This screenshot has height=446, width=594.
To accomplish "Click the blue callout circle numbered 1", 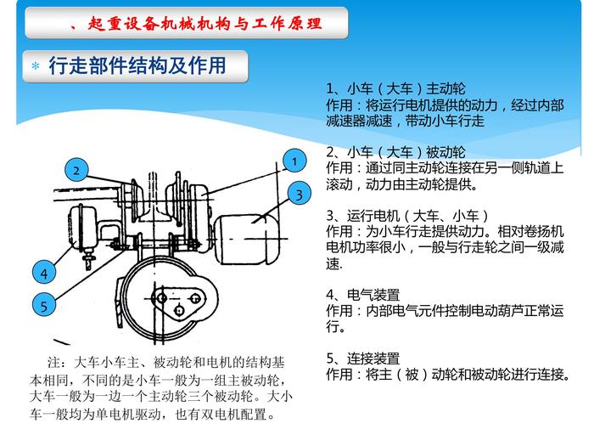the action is coord(294,161).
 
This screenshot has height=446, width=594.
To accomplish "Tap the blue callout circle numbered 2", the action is coord(76,170).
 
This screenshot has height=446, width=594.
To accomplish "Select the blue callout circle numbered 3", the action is coord(300,194).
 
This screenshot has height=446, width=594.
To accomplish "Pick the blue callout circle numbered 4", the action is coord(44,273).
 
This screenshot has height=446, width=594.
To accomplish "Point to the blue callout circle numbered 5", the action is coord(44,305).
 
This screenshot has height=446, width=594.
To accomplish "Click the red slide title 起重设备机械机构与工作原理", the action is coord(205,24).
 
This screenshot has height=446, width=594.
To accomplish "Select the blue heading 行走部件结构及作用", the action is coord(137,65).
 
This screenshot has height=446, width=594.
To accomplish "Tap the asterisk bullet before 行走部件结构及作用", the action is coord(36,66).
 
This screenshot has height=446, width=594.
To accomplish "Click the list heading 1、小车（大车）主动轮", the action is coord(395,88).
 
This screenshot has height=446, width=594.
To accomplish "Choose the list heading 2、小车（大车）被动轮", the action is coord(395,152).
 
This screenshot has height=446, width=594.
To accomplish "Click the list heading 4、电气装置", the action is coord(363,295).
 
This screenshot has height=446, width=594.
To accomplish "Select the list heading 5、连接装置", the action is coord(363,358).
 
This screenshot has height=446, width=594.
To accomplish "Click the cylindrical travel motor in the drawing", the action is coord(245,240).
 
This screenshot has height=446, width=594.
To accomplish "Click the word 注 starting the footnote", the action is coord(53,363).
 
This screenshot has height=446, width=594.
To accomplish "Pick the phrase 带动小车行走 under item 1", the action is coord(445,121).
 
